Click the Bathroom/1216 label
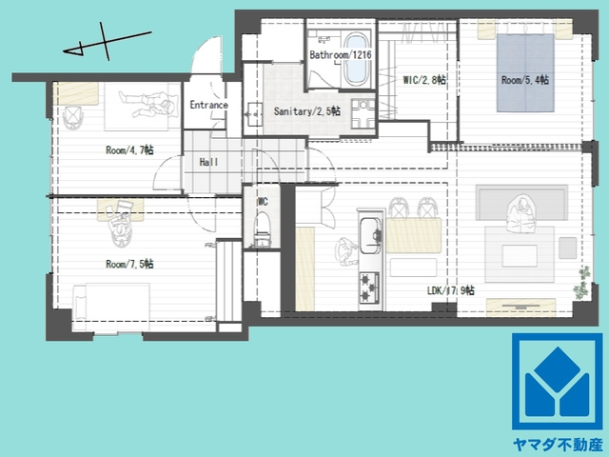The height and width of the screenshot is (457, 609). (341, 55)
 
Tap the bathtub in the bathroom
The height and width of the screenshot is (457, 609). (356, 59)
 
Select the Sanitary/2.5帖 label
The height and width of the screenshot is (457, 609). (307, 111)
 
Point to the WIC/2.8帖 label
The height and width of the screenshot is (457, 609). (424, 80)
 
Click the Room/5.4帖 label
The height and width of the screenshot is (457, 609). (525, 80)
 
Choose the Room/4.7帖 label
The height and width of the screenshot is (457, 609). (129, 150)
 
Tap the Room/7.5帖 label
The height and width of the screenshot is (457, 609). (129, 265)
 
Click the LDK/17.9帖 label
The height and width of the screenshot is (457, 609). (450, 290)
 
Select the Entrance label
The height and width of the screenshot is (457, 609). (208, 105)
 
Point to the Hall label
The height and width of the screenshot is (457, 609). (208, 162)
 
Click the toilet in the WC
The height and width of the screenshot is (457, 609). (263, 229)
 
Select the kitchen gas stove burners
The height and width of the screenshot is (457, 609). (369, 288)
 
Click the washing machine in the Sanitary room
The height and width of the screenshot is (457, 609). (363, 114)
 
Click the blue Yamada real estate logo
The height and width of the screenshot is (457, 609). (558, 381)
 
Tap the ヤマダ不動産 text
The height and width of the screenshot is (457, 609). (558, 445)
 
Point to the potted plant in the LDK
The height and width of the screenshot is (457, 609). (581, 283)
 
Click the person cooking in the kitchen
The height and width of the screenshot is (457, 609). (346, 251)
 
